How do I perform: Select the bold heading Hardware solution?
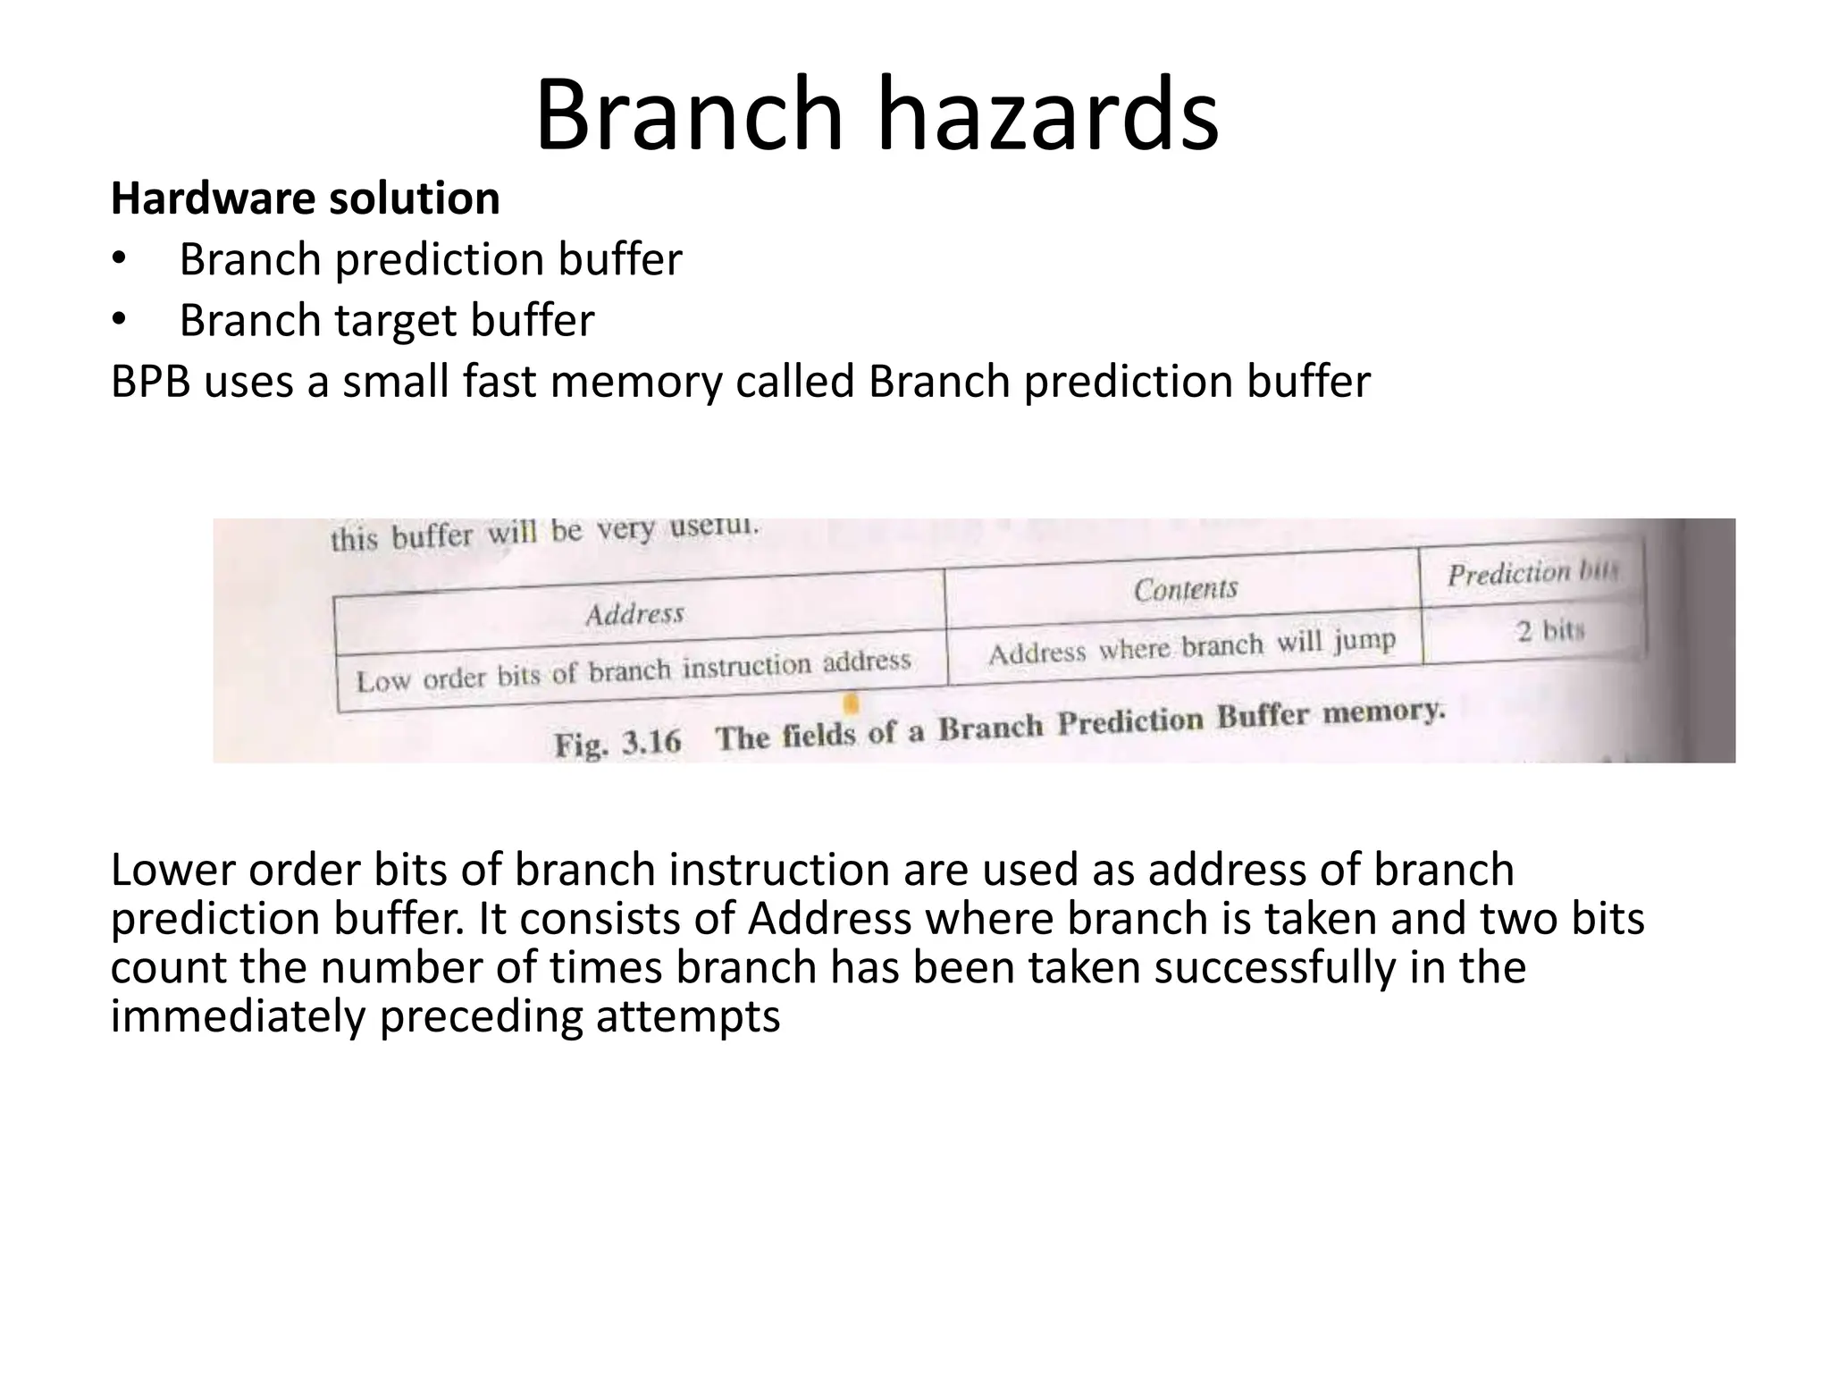point(305,198)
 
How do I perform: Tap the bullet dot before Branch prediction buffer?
point(120,260)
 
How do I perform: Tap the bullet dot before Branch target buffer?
point(120,321)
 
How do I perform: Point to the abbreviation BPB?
point(150,383)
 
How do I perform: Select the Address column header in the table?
point(634,614)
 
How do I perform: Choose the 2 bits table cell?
point(1549,631)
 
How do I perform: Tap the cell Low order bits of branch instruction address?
point(633,671)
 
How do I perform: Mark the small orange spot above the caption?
point(852,704)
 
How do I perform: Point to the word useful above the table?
point(714,527)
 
